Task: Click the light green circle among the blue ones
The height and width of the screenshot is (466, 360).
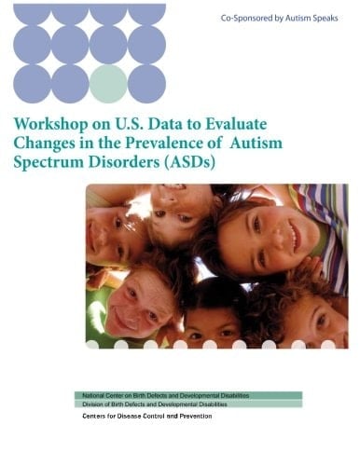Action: coord(108,82)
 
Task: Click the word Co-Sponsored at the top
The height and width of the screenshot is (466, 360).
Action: coord(245,18)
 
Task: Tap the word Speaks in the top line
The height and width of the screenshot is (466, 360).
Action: coord(326,18)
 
